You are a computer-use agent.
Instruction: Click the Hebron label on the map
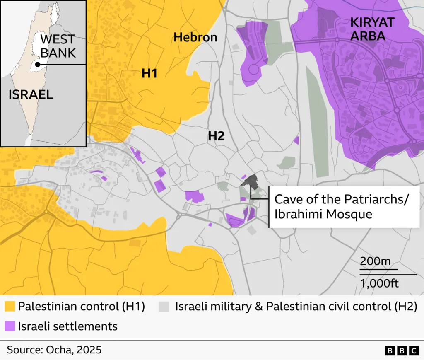click(x=195, y=37)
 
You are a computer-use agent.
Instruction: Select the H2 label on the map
click(x=216, y=135)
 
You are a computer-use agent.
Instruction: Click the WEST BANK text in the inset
click(x=58, y=46)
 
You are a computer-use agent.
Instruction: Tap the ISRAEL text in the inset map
click(x=31, y=94)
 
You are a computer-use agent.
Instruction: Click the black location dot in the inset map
click(x=38, y=65)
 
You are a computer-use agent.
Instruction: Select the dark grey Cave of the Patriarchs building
click(x=250, y=181)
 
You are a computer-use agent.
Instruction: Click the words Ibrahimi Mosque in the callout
click(x=323, y=214)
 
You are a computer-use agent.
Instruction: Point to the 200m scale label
click(x=375, y=262)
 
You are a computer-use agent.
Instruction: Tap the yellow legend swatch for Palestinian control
click(x=10, y=307)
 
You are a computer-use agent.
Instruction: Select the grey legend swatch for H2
click(x=164, y=307)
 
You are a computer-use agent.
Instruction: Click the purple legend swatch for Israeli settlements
click(x=10, y=326)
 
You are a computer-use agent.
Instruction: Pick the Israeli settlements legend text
click(x=67, y=326)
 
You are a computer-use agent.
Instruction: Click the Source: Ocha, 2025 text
click(x=54, y=350)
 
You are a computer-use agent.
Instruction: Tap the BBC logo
click(x=402, y=350)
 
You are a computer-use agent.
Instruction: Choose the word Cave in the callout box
click(x=289, y=199)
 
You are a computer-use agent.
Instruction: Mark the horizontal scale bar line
click(x=388, y=274)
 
